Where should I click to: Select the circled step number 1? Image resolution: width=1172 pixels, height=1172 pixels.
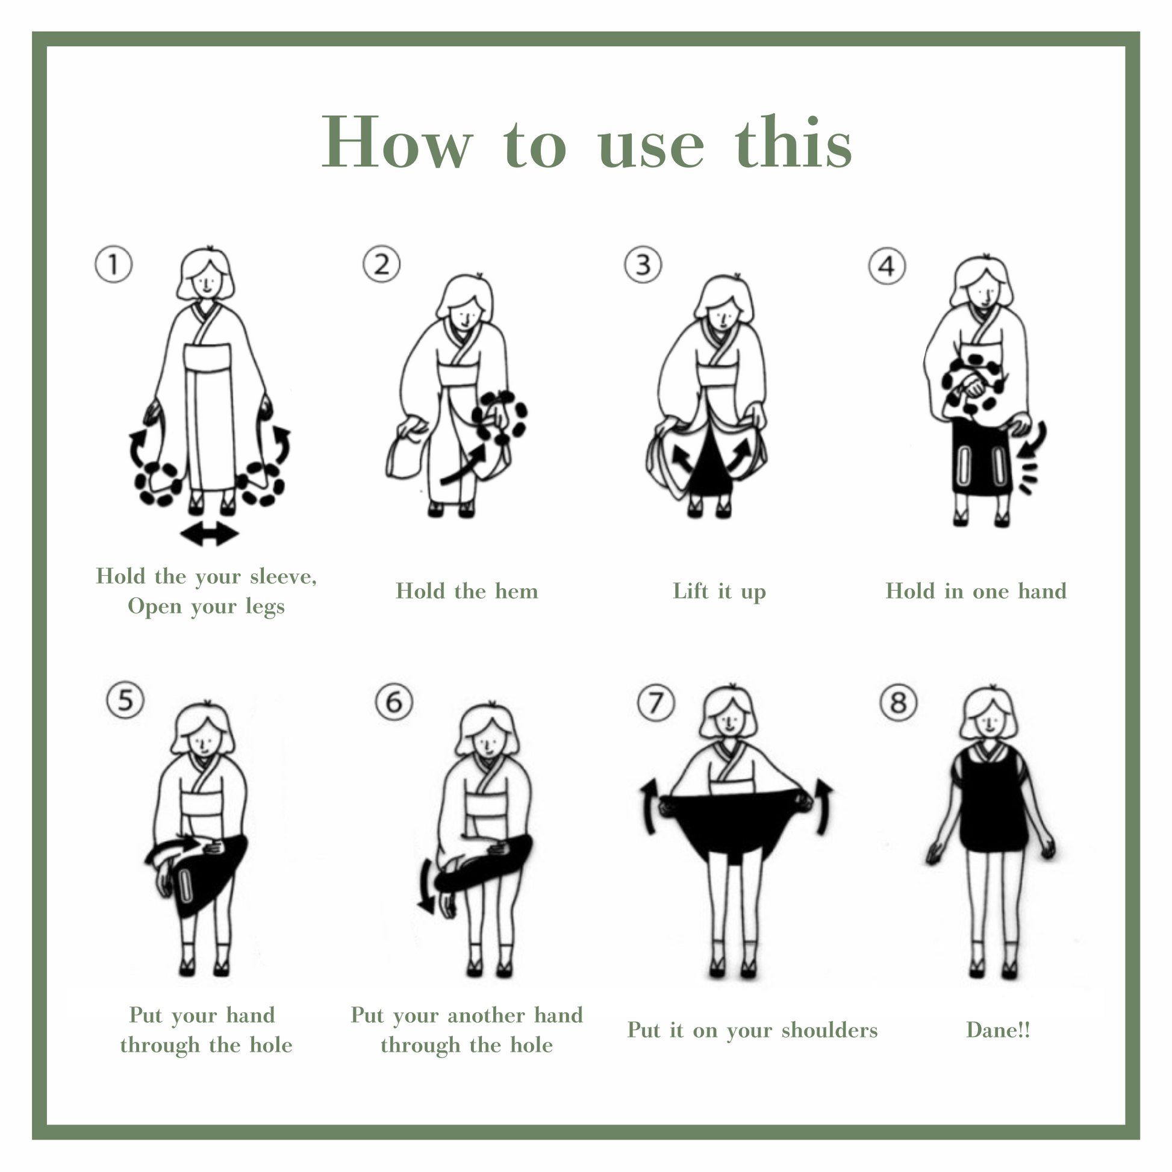113,264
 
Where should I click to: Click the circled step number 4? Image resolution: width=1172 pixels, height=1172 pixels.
887,266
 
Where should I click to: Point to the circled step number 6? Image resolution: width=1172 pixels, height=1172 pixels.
394,702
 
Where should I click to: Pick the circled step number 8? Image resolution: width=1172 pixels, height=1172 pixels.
898,702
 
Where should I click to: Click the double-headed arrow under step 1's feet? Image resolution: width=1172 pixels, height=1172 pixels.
210,534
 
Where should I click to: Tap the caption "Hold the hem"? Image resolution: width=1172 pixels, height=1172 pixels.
467,591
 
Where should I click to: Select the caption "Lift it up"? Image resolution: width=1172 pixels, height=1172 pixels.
719,591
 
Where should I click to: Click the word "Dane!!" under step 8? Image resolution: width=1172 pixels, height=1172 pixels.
998,1029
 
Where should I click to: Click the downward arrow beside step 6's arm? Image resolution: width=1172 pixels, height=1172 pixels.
426,885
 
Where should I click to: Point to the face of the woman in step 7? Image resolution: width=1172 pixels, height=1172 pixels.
730,722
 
